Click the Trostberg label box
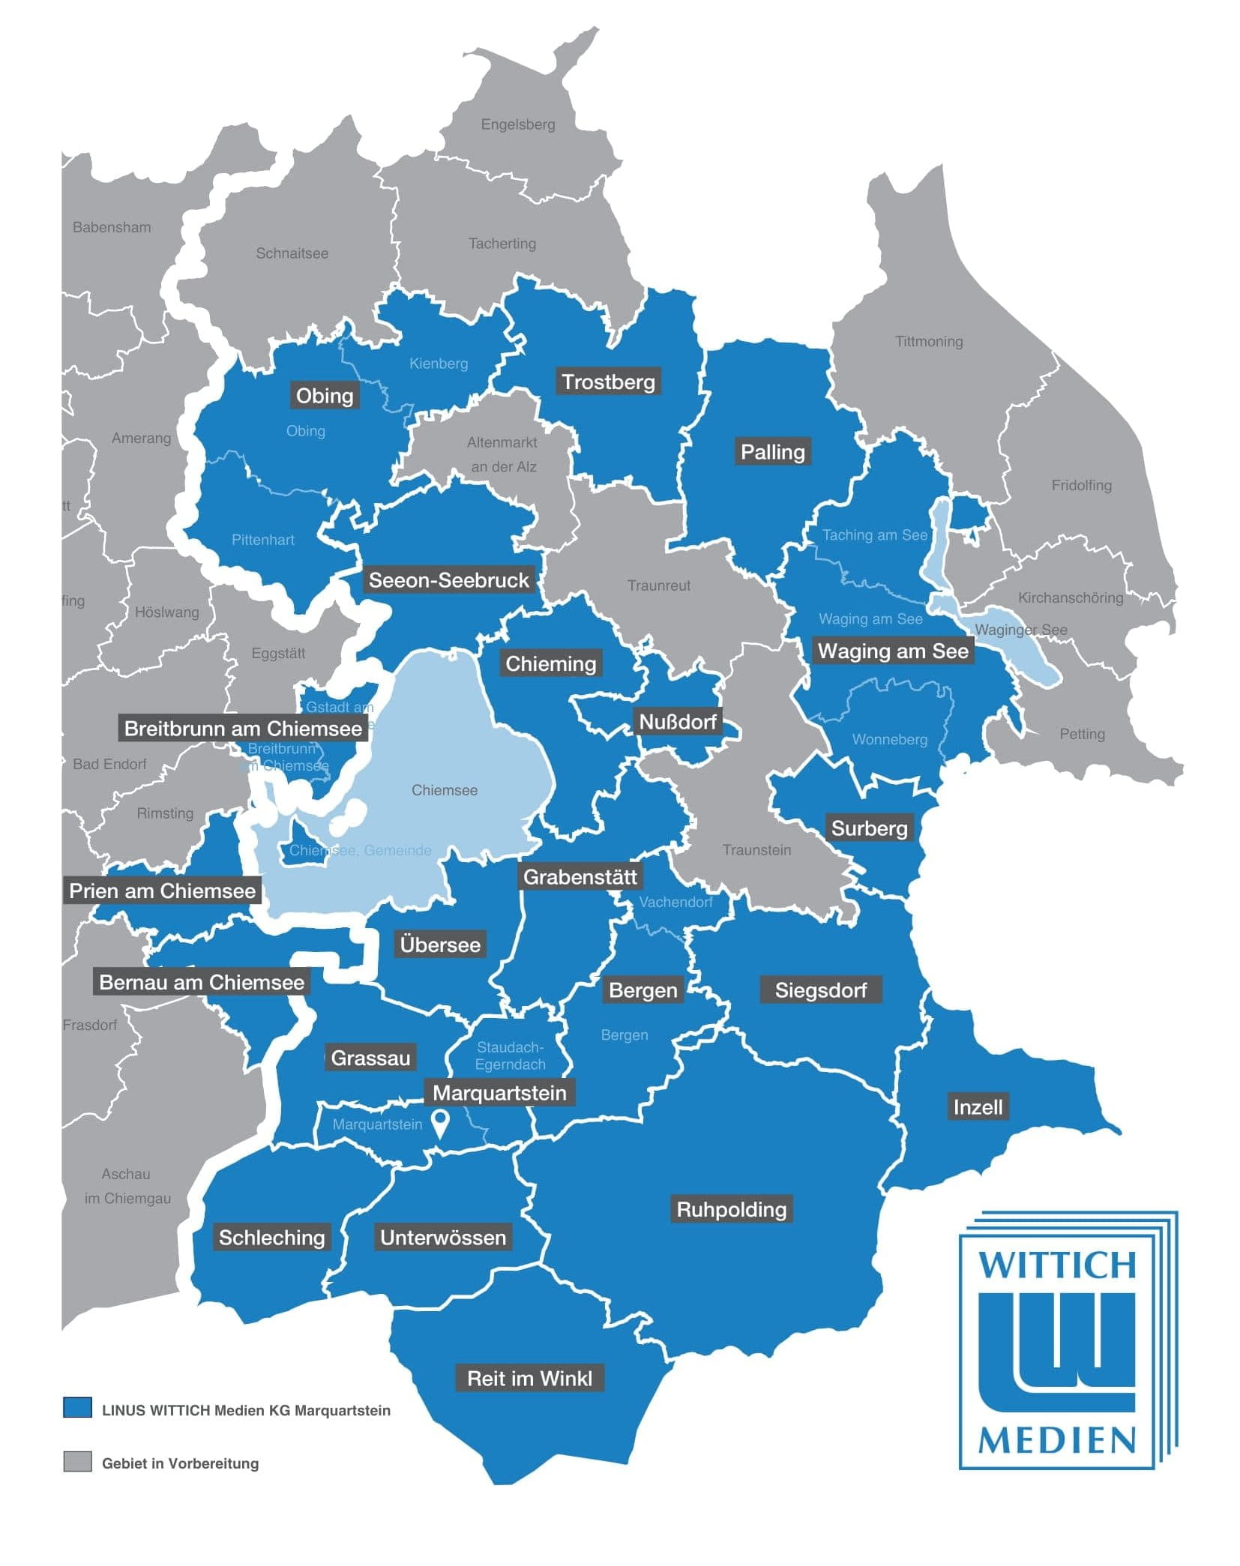point(608,382)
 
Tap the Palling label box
point(772,452)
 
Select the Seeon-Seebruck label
point(448,579)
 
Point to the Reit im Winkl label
point(529,1378)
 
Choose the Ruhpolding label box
point(731,1209)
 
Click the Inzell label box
point(977,1106)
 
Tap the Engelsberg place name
point(518,124)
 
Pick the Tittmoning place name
point(929,342)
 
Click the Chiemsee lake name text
point(445,790)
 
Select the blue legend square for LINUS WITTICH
point(77,1407)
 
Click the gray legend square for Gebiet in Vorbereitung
point(77,1461)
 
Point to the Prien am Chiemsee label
point(162,891)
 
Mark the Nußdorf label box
point(678,722)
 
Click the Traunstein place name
point(756,850)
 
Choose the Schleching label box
point(271,1237)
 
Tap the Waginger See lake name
point(1020,630)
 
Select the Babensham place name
point(112,227)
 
